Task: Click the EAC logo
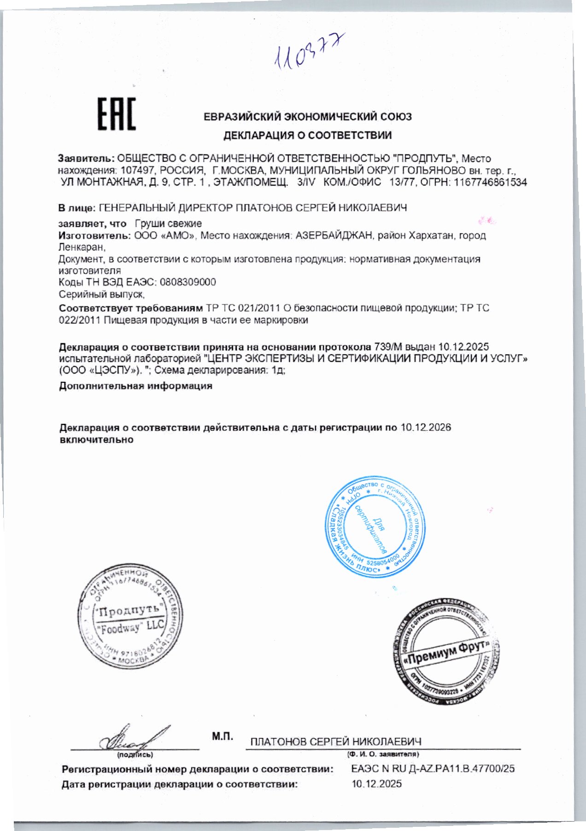click(x=117, y=114)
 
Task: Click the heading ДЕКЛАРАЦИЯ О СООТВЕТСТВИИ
click(x=307, y=135)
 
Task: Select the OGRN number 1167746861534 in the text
click(x=490, y=182)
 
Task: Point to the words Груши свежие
click(x=168, y=224)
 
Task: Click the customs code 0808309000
click(x=188, y=282)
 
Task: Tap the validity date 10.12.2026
click(x=426, y=427)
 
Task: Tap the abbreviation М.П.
click(x=222, y=737)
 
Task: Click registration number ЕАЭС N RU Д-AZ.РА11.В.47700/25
click(x=433, y=769)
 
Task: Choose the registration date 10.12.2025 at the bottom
click(x=376, y=784)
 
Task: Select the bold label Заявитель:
click(x=86, y=158)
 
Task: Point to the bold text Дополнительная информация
click(x=135, y=386)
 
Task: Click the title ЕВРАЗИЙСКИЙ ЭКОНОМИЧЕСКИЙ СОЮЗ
click(x=307, y=117)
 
